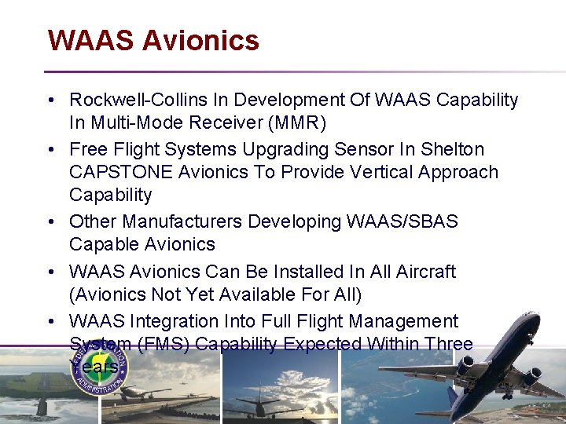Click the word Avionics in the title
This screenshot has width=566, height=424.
200,40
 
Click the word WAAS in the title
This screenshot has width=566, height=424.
90,40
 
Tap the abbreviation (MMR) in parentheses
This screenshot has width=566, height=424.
297,123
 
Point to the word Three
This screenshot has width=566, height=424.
447,344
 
